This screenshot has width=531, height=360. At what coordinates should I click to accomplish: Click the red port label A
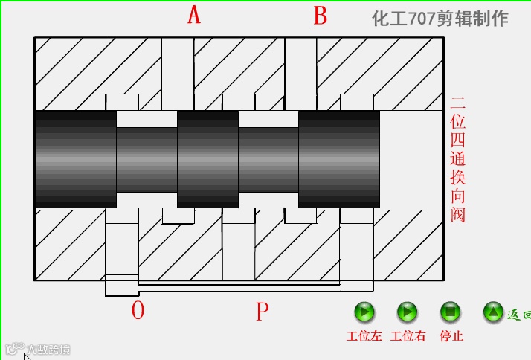point(194,15)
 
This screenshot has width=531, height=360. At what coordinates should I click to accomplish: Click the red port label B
point(320,16)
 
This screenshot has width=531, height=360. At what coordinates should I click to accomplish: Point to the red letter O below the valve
point(138,311)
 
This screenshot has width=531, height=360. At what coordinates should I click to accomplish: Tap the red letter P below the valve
point(262,312)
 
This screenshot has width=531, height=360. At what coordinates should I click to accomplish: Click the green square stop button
point(451,312)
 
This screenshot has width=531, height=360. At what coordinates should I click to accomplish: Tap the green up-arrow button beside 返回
point(494,312)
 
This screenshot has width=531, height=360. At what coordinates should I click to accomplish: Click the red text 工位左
point(364,336)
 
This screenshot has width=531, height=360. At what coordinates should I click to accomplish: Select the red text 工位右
point(408,336)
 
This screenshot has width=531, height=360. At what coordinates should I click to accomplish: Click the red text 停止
point(451,336)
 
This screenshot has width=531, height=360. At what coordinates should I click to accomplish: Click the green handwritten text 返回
point(519,315)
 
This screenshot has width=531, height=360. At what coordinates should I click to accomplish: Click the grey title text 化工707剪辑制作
point(440,19)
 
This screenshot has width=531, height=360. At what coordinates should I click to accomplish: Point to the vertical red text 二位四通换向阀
point(457,159)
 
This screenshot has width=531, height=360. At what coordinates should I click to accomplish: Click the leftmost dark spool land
point(75,159)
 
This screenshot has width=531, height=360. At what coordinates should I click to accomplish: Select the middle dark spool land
point(207,159)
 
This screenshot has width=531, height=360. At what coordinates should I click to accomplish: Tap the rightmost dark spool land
point(339,159)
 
